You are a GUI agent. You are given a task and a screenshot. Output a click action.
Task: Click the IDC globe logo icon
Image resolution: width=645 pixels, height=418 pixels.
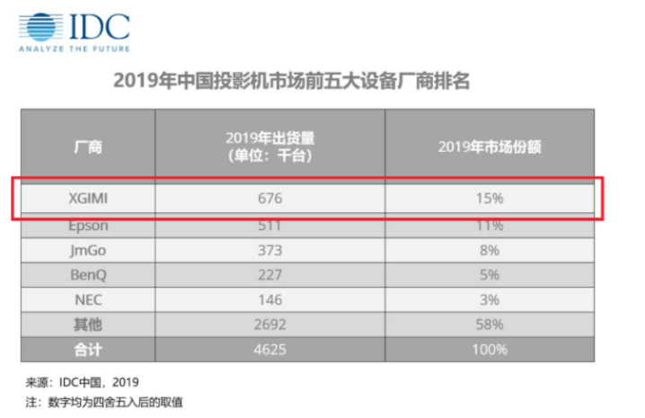[x=41, y=27]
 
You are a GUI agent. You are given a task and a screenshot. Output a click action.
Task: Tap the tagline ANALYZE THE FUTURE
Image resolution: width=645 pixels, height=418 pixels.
[x=75, y=49]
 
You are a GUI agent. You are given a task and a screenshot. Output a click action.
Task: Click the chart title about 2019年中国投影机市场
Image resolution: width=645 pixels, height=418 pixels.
[x=291, y=80]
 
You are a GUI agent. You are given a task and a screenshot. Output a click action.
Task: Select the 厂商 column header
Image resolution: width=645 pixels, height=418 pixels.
[x=88, y=147]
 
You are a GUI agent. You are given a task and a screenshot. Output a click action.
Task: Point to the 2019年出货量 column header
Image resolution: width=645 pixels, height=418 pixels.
[x=270, y=147]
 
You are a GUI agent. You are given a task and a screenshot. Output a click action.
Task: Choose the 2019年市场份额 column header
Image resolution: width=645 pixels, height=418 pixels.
[x=490, y=147]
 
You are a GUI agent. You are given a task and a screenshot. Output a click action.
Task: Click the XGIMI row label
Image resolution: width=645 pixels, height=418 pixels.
[x=88, y=199]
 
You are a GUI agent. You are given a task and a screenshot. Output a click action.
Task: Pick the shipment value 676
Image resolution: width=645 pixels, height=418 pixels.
[x=269, y=199]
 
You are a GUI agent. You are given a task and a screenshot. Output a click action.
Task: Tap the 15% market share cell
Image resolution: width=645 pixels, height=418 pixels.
[x=490, y=199]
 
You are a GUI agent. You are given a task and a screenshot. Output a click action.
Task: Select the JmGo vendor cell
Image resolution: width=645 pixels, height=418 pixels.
[x=88, y=251]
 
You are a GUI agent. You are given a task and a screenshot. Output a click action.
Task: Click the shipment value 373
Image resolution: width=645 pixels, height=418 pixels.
[x=269, y=251]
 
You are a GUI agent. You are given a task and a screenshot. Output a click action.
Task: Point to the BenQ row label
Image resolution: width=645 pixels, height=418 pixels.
[x=88, y=275]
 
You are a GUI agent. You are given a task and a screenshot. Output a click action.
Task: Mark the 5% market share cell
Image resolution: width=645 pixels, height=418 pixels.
[x=490, y=275]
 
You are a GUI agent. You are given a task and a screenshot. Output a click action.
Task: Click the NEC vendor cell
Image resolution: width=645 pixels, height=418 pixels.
[x=88, y=300]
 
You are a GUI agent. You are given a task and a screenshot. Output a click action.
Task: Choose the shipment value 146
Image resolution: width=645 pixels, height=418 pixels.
[x=269, y=300]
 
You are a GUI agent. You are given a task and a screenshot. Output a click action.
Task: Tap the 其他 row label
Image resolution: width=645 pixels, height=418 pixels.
[x=88, y=325]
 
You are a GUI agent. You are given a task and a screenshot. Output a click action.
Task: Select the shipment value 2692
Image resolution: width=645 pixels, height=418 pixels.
[x=269, y=325]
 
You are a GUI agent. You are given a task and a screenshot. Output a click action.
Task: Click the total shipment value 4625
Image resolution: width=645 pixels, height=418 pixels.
[x=269, y=350]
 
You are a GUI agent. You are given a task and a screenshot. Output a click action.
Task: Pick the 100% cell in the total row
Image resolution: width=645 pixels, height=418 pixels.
[x=490, y=350]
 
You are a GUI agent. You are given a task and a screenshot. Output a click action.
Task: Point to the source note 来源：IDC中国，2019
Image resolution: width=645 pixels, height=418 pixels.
[x=83, y=382]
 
